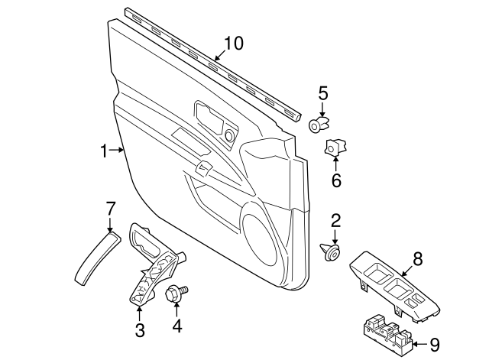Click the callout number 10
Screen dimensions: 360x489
click(x=232, y=44)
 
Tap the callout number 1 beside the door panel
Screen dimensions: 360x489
click(x=104, y=151)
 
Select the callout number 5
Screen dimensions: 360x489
click(x=323, y=94)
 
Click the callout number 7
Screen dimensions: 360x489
click(x=110, y=207)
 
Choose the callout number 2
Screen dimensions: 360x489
click(x=335, y=222)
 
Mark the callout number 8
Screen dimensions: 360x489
click(x=416, y=260)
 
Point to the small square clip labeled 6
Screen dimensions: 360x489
click(x=336, y=147)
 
